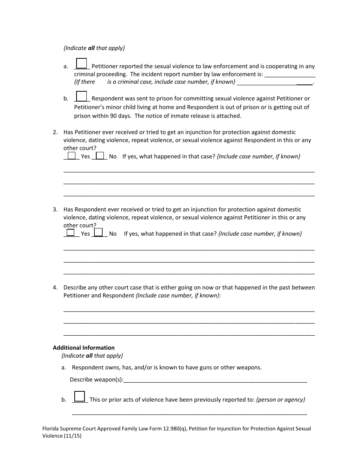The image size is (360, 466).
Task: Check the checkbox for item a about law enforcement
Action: [x=81, y=63]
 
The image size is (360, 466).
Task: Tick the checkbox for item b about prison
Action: [x=81, y=96]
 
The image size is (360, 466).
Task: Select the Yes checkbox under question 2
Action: [x=72, y=156]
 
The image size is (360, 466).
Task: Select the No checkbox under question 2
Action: [x=100, y=156]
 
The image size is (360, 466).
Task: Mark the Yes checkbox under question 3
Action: [x=70, y=233]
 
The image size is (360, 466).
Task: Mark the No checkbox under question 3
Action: [x=98, y=232]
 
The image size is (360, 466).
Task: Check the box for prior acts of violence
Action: [x=80, y=396]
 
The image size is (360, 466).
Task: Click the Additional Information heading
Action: [x=84, y=347]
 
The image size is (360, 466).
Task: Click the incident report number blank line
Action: [x=290, y=75]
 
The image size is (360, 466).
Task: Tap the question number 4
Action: [x=55, y=288]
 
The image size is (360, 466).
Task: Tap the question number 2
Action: [x=55, y=132]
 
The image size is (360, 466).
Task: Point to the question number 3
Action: [x=55, y=210]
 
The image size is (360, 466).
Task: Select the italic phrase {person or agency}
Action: [x=281, y=399]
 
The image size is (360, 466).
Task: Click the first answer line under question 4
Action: [x=189, y=311]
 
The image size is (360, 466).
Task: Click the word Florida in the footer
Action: [x=51, y=429]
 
